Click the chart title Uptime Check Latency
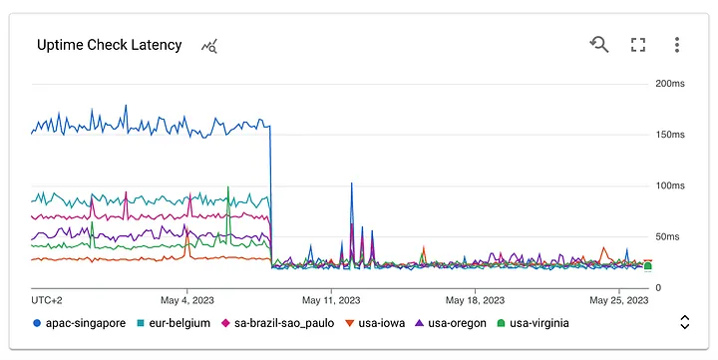point(110,45)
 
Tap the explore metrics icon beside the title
point(209,46)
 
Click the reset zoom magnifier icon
point(599,44)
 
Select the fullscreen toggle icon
point(638,44)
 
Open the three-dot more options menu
point(677,44)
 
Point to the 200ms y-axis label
point(668,84)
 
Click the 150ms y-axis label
point(668,135)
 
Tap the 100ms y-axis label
point(668,185)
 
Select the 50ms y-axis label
point(668,236)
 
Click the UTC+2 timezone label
point(47,299)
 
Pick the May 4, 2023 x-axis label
point(186,299)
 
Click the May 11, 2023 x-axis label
point(331,299)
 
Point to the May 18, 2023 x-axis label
point(475,299)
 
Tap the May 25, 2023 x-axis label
point(619,299)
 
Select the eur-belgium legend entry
point(172,323)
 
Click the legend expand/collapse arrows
point(684,322)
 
